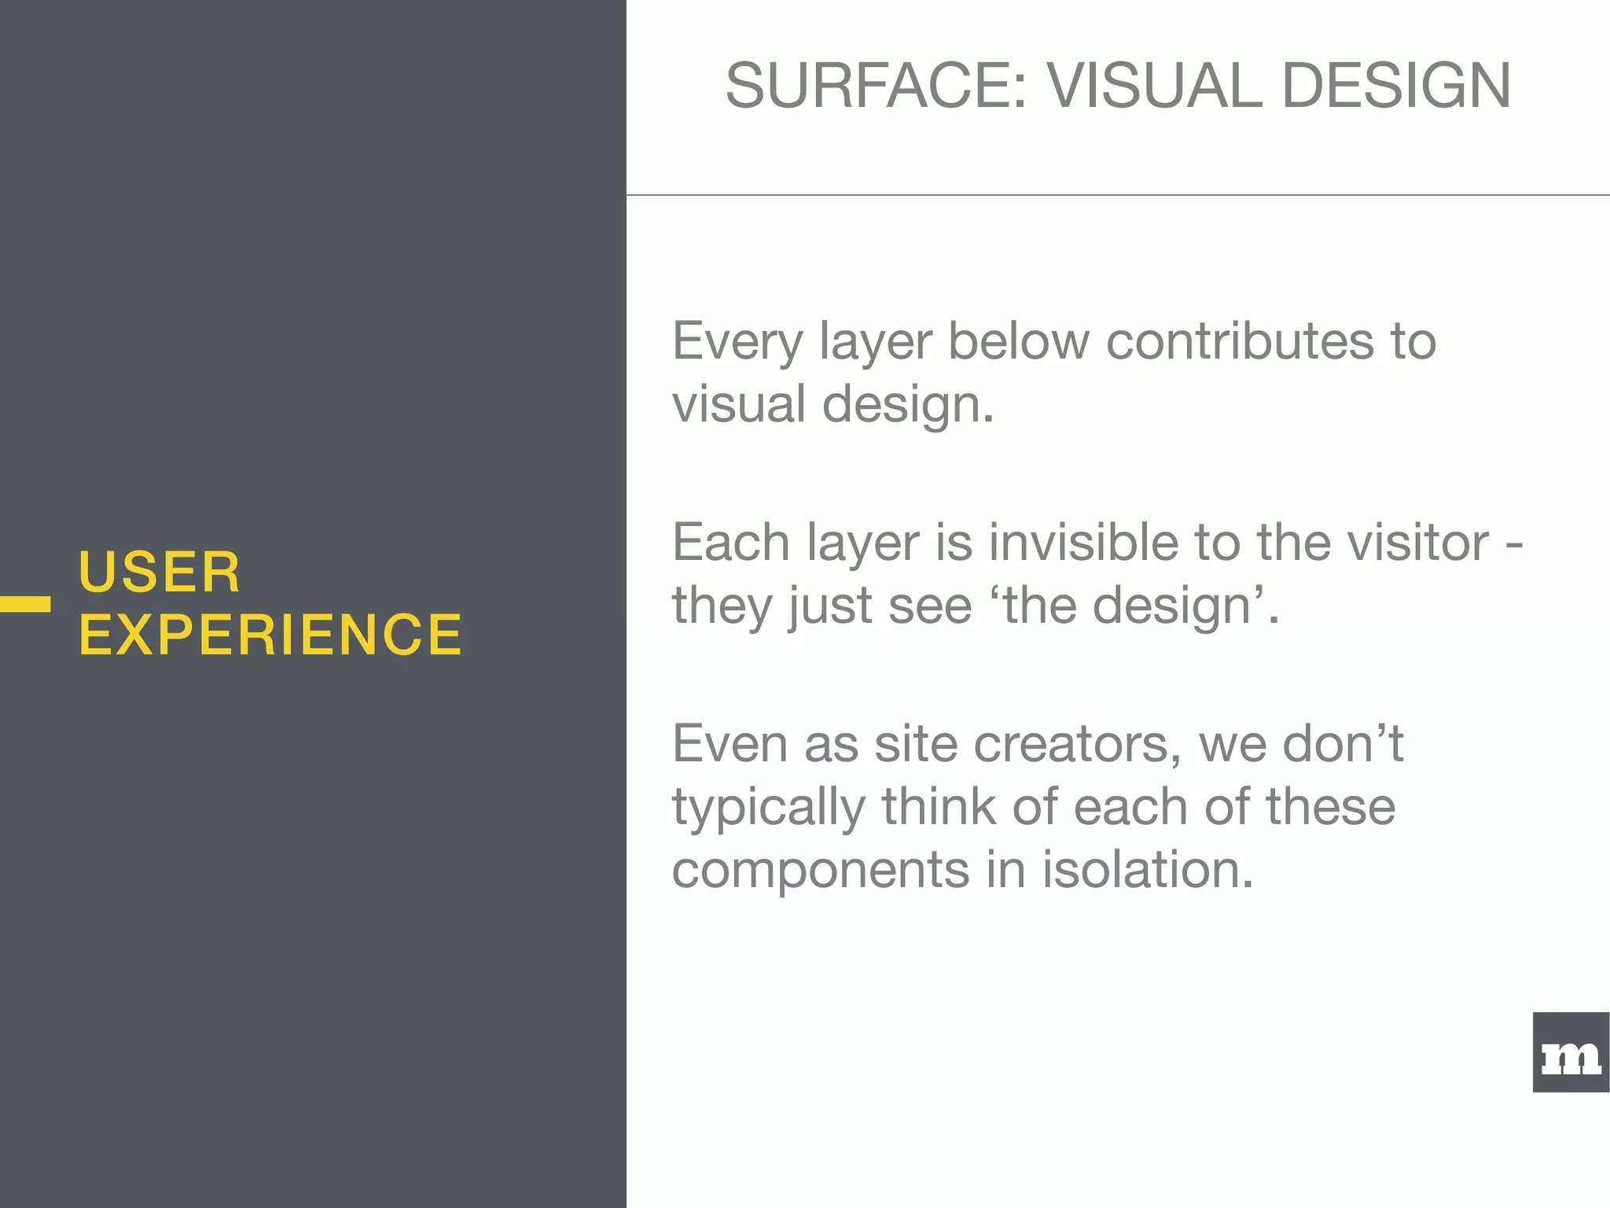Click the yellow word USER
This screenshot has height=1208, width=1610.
tap(160, 572)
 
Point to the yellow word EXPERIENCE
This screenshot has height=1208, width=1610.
tap(270, 635)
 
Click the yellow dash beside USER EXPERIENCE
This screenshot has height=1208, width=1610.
tap(25, 604)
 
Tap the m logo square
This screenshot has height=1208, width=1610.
tap(1570, 1052)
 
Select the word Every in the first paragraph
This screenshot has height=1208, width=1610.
tap(737, 343)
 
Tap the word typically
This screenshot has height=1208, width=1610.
tap(767, 808)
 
